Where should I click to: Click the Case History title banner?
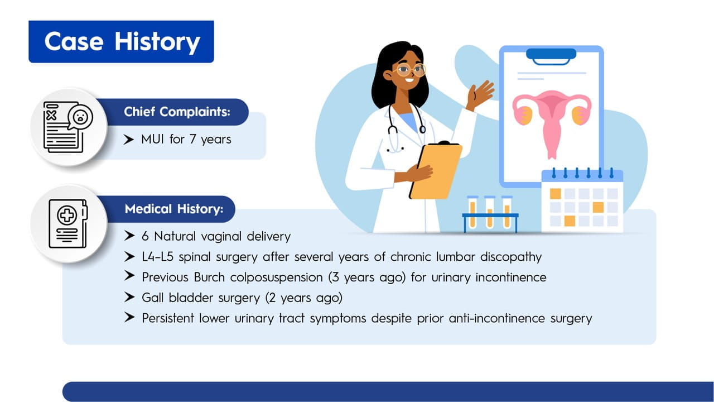click(x=121, y=42)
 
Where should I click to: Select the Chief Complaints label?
click(x=177, y=112)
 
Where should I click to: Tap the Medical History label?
click(x=174, y=209)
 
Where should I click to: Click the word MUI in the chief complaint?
click(x=152, y=139)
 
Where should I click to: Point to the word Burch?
click(x=209, y=277)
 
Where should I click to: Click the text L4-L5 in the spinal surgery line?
click(x=157, y=256)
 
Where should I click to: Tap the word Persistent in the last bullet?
click(x=168, y=318)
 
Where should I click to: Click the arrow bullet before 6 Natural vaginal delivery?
click(x=129, y=236)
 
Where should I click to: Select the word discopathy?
click(x=511, y=257)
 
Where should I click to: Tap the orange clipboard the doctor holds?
click(x=436, y=171)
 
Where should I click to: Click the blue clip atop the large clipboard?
click(x=551, y=56)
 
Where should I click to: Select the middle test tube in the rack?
click(x=490, y=212)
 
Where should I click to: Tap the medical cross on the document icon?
click(x=67, y=215)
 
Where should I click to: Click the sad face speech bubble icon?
click(x=80, y=117)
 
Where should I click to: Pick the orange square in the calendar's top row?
click(x=555, y=194)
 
